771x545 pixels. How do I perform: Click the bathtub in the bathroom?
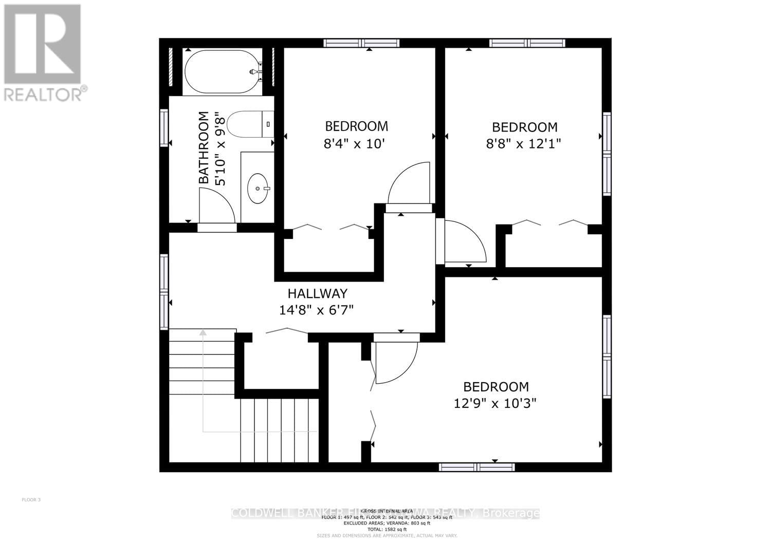(x=223, y=71)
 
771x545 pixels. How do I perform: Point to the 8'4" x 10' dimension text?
(x=355, y=143)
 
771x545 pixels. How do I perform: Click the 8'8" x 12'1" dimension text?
(x=523, y=144)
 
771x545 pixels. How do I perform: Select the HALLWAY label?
(x=317, y=293)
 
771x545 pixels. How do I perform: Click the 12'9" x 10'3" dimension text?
(x=495, y=403)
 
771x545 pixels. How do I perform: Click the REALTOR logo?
(x=43, y=51)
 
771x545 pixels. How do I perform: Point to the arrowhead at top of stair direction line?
(x=203, y=333)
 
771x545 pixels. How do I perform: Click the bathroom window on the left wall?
(x=164, y=127)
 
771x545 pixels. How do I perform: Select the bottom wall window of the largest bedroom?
(x=476, y=467)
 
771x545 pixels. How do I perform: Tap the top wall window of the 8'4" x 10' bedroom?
(x=361, y=43)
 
